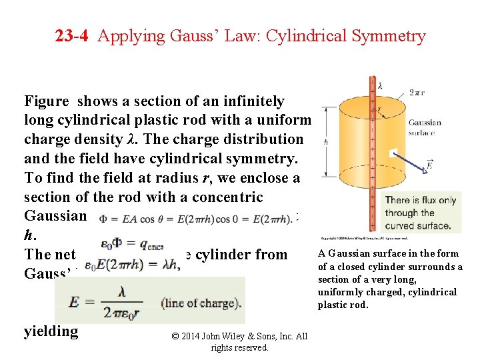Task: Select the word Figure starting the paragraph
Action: click(x=47, y=101)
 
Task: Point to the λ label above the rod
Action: click(x=379, y=86)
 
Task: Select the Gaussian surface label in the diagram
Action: click(x=425, y=127)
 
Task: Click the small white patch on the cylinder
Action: click(x=393, y=153)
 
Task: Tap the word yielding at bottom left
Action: click(x=51, y=331)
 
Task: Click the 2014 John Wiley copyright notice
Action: click(x=239, y=341)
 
